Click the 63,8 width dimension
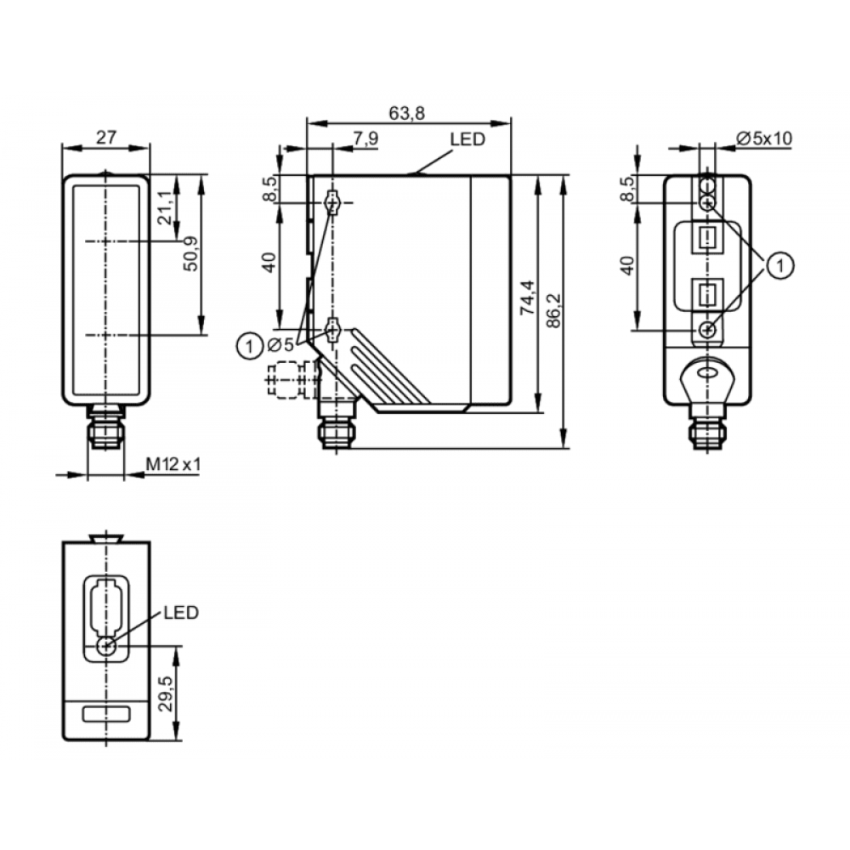[x=406, y=113]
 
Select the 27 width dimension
[x=106, y=137]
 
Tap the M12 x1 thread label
[x=173, y=464]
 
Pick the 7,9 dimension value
[x=365, y=139]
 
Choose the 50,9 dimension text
[x=190, y=253]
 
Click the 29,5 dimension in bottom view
[x=166, y=694]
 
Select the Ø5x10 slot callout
[x=764, y=139]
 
